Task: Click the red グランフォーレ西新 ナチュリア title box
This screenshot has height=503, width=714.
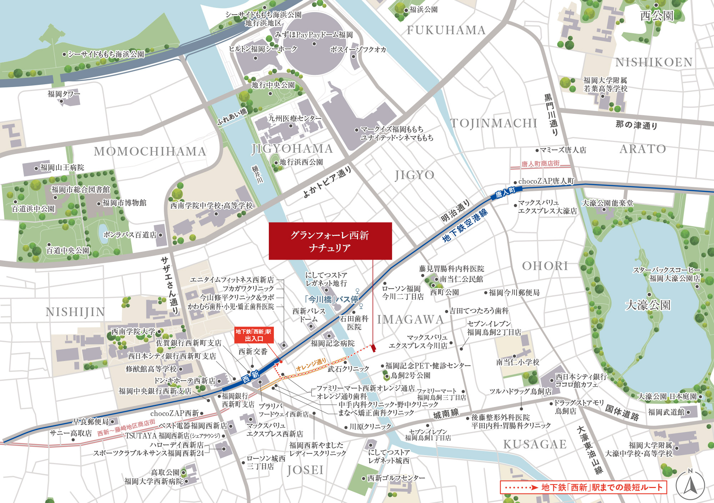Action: point(330,241)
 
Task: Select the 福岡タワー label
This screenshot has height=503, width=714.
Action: point(64,94)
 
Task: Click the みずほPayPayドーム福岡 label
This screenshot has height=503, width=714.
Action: point(314,35)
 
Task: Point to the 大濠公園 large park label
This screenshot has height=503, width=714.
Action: point(648,305)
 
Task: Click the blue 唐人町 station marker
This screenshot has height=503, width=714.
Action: point(505,193)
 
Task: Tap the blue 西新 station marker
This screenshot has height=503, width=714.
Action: point(251,376)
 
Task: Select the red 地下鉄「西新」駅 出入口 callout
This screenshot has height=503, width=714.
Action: point(253,335)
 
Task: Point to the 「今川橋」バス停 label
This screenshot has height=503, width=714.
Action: point(331,299)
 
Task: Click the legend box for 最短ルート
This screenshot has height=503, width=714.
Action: point(583,487)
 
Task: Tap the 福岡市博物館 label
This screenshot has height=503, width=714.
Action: point(124,203)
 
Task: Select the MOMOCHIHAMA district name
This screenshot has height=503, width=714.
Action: point(150,152)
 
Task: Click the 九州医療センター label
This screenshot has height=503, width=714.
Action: point(295,118)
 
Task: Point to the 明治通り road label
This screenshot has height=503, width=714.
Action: point(455,211)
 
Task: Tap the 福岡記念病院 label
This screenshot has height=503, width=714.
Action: point(332,343)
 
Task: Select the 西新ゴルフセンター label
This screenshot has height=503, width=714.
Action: point(396,478)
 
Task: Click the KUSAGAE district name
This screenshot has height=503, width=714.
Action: point(535,444)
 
